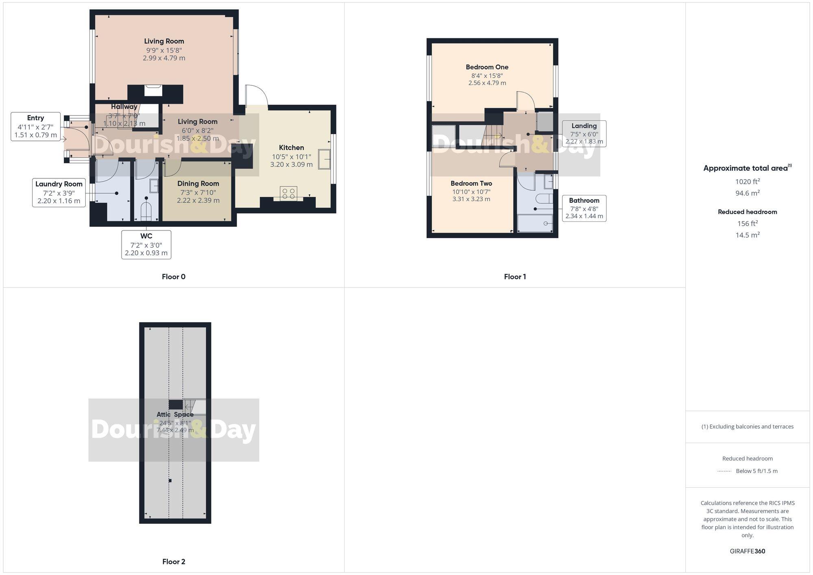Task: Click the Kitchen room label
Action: coord(291,148)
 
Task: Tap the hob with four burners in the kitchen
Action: coord(288,193)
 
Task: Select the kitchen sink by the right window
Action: coord(324,159)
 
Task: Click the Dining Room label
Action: coord(198,184)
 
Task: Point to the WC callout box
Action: coord(146,245)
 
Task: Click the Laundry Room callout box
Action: coord(59,193)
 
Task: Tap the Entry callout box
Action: coord(36,126)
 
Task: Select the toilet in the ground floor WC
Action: coord(146,210)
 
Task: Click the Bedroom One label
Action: coord(487,67)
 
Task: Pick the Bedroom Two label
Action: coord(471,184)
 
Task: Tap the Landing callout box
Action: coord(584,134)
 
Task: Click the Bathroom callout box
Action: coord(584,208)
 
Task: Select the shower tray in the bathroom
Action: coord(535,223)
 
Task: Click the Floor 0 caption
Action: coord(174,277)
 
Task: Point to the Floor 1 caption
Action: coord(515,277)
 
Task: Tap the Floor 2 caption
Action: coord(174,562)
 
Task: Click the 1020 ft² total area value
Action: coord(748,182)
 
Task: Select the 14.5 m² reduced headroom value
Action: coord(748,235)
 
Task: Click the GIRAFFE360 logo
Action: coord(748,551)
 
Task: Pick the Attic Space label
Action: coord(175,414)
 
